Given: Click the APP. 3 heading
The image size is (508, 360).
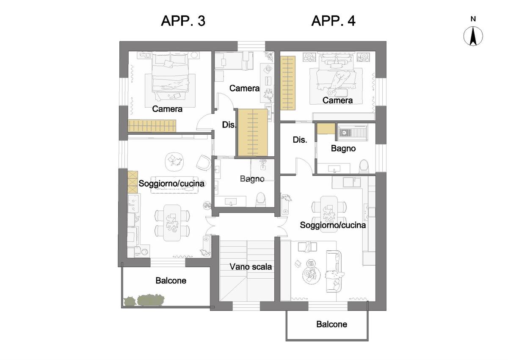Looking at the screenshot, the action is [183, 21].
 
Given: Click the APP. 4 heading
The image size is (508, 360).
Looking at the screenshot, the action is [333, 21].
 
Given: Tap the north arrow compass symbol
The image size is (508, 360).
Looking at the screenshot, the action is [473, 36].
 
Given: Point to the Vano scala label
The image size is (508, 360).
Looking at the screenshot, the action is [251, 267].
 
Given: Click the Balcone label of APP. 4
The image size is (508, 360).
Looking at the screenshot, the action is [331, 324].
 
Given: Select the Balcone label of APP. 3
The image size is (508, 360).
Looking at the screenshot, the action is [171, 281].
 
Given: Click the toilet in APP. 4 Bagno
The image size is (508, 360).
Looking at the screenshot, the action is [364, 166].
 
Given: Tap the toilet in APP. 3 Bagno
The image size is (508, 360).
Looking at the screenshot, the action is [261, 199].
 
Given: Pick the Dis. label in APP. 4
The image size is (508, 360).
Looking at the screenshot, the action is [300, 140].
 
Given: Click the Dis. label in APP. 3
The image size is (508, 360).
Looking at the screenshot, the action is [229, 125].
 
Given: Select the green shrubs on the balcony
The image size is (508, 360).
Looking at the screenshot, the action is [144, 300].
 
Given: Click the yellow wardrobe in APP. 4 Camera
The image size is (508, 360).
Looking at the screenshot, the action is [288, 83].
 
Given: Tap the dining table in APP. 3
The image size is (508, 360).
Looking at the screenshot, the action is [172, 223].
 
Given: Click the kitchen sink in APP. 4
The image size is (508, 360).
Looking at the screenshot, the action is [352, 182].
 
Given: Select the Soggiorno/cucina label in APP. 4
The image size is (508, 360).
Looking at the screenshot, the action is [333, 225].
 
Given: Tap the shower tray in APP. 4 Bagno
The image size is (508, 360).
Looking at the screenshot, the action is [353, 132].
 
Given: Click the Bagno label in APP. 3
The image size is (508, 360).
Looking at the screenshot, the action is [252, 179].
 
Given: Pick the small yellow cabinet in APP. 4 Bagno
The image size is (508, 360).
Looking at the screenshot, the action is [326, 129].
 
